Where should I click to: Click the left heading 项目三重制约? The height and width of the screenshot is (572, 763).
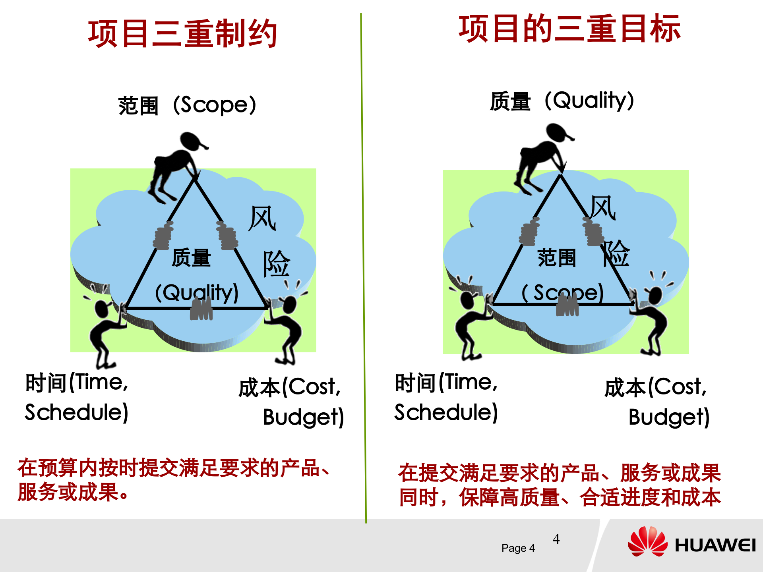[x=182, y=34]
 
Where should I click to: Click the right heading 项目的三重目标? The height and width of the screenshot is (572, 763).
[x=569, y=29]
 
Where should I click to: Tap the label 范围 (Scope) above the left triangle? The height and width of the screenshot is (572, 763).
[x=187, y=105]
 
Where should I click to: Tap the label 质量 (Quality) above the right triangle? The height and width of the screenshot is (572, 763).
[x=562, y=101]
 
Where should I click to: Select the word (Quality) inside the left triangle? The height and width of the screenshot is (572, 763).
[x=197, y=293]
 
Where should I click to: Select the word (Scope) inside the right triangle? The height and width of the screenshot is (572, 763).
[x=563, y=293]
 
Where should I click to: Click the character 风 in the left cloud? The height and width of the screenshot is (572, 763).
[x=262, y=218]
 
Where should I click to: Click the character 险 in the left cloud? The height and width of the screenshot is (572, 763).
[x=276, y=263]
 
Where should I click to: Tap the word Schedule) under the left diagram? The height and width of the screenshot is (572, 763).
[x=77, y=412]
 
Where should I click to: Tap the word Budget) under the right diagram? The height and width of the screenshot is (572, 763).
[x=669, y=417]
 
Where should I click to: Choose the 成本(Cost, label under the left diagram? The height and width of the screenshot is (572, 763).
[x=289, y=387]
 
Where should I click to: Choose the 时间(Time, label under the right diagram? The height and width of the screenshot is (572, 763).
[x=446, y=383]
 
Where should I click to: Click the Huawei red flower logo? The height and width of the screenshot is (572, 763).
[x=648, y=542]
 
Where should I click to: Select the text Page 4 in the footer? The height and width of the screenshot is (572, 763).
[x=518, y=548]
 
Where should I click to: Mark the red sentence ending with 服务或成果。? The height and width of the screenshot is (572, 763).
[x=173, y=480]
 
